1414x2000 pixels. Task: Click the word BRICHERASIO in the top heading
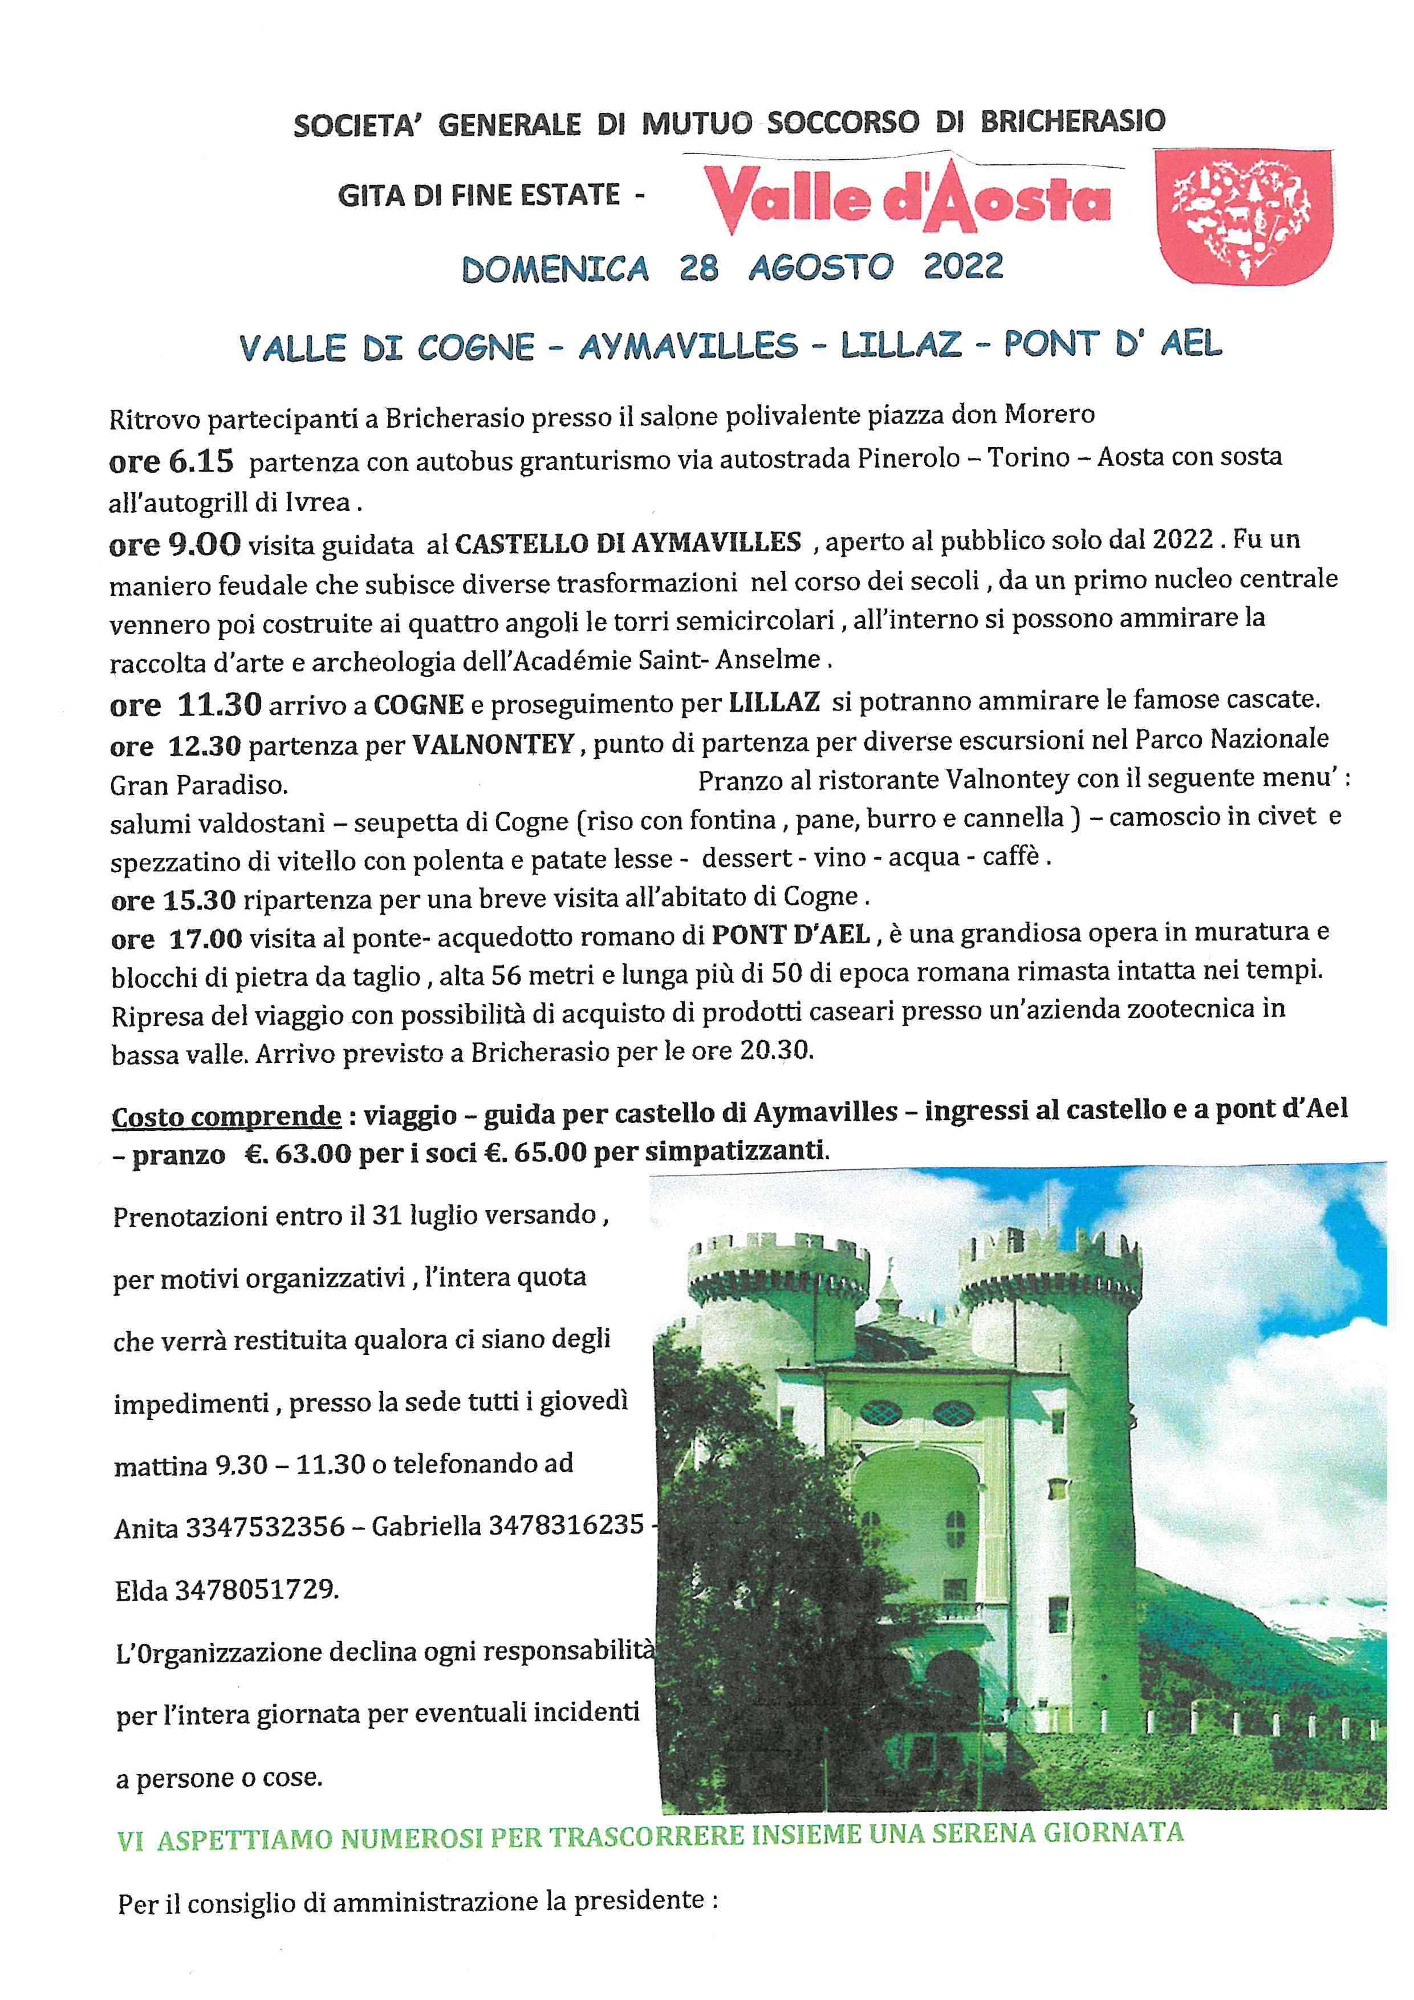point(1072,121)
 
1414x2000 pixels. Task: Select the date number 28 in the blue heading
point(698,267)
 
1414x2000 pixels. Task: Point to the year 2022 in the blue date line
point(963,266)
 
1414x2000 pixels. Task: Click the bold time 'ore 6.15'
point(172,462)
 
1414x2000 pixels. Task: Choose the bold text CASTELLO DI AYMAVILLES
point(628,543)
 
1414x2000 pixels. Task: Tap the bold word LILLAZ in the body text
point(774,702)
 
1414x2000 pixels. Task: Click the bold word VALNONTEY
point(493,744)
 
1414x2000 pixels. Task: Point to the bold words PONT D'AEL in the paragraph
point(791,935)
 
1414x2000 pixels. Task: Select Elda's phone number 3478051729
point(256,1591)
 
